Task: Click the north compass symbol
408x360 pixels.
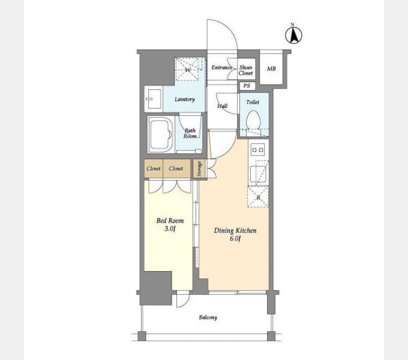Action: [x=293, y=34]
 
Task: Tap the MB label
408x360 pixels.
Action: [x=271, y=68]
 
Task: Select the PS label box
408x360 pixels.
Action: [x=247, y=86]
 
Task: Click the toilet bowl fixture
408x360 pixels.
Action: [x=253, y=121]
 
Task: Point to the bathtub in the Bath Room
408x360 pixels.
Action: [x=161, y=134]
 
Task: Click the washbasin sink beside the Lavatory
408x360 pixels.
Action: [x=154, y=99]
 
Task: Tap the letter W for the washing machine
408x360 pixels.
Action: [x=188, y=70]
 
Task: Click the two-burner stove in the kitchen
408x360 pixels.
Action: [x=257, y=149]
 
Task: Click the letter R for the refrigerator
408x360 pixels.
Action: [x=258, y=197]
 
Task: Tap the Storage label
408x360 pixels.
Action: [x=199, y=169]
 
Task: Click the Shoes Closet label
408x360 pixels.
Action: [x=245, y=70]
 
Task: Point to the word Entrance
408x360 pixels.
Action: [x=221, y=67]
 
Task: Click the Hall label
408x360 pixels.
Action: [x=222, y=106]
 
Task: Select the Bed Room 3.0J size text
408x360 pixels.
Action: [x=170, y=229]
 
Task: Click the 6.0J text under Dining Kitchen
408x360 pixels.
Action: [x=235, y=239]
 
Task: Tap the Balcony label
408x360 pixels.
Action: [x=208, y=317]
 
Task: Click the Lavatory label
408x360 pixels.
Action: [x=185, y=99]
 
